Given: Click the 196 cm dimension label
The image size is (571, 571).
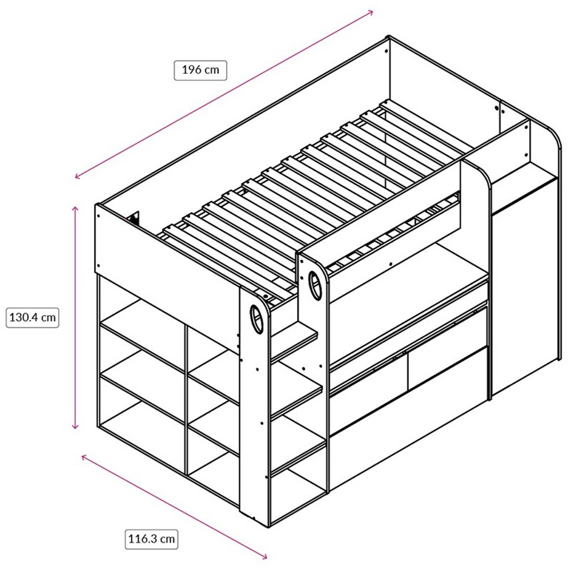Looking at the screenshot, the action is click(x=200, y=70).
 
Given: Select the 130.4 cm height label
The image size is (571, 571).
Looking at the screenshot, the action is click(x=33, y=317).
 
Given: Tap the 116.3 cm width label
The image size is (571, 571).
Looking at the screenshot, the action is click(x=151, y=538).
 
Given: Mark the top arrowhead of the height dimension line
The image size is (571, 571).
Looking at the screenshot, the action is click(x=75, y=209).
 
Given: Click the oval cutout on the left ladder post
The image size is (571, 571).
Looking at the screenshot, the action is click(x=256, y=319).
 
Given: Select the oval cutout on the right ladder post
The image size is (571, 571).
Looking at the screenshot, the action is click(x=315, y=285).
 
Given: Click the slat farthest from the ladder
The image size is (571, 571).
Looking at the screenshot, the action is click(x=426, y=126).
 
